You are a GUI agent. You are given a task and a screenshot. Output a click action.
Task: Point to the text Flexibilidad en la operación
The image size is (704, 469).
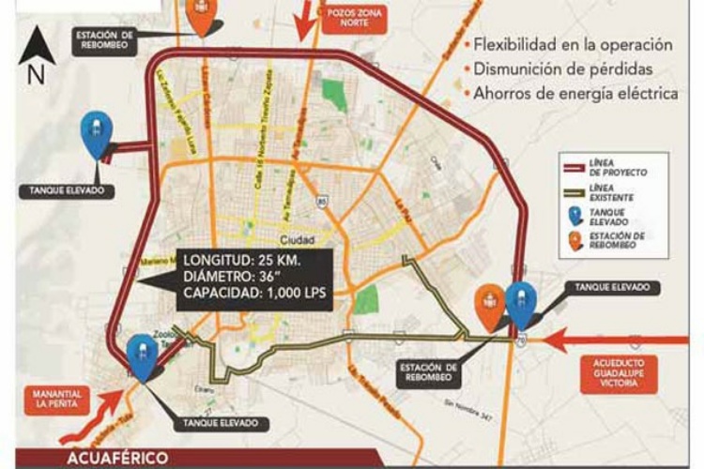573,44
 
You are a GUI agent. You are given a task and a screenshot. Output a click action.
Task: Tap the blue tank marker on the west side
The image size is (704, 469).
95,134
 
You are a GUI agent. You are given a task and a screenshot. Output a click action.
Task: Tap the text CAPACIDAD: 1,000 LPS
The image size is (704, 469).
253,292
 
